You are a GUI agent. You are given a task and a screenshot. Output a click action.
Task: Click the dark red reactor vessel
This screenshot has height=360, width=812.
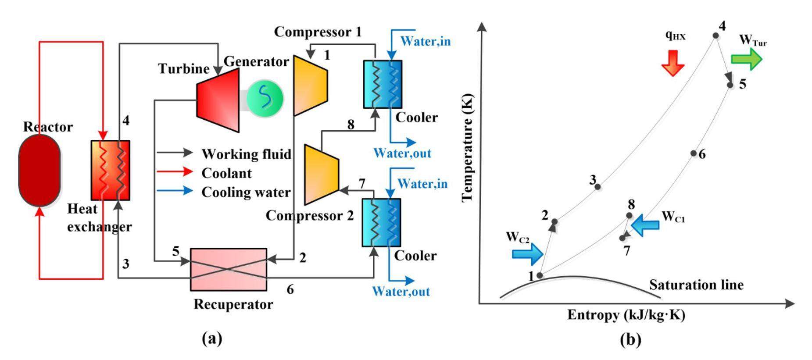39,170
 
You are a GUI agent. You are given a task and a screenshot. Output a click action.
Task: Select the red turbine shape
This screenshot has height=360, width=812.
218,100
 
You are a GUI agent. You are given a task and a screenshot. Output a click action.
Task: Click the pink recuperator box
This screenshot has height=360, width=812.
228,269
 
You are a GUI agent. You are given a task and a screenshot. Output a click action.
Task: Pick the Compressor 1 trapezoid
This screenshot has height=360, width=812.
310,85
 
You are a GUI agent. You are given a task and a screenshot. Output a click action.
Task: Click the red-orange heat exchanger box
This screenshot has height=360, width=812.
110,170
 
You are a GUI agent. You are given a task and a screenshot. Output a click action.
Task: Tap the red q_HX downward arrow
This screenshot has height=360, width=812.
672,63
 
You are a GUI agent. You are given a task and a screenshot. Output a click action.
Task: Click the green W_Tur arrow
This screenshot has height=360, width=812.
746,59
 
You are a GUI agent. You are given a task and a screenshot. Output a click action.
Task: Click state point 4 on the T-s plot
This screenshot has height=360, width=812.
715,36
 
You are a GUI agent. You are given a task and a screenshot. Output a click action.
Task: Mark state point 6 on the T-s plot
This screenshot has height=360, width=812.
694,153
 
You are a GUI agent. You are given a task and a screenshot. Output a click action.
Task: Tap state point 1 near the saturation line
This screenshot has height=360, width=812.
540,275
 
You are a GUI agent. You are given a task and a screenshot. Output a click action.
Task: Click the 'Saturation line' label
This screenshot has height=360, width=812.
696,285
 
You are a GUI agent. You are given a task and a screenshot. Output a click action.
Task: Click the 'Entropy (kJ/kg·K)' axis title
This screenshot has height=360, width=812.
626,315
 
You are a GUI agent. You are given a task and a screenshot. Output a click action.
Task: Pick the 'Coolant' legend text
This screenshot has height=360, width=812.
226,173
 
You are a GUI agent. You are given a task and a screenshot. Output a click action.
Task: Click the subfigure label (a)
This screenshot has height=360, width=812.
212,339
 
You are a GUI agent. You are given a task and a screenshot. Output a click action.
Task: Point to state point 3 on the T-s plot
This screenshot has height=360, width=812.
597,187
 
